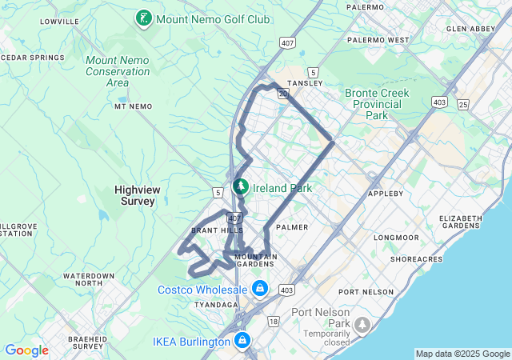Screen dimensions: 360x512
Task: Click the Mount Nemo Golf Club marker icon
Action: click(x=144, y=18)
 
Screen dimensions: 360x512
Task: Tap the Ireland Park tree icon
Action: click(x=239, y=187)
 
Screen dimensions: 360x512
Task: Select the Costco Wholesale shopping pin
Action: click(x=259, y=288)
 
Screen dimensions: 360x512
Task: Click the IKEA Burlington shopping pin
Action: click(x=243, y=342)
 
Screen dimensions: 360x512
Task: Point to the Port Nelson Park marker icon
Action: click(x=362, y=324)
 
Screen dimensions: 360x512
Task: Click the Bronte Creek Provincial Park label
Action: click(x=377, y=104)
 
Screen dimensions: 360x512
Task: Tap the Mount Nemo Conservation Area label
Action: click(x=117, y=70)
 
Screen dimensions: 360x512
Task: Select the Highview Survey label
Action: click(x=134, y=196)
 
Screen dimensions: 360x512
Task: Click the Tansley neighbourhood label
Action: click(x=306, y=82)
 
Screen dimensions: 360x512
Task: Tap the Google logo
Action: click(x=26, y=350)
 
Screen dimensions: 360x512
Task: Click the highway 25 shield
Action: click(x=463, y=104)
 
